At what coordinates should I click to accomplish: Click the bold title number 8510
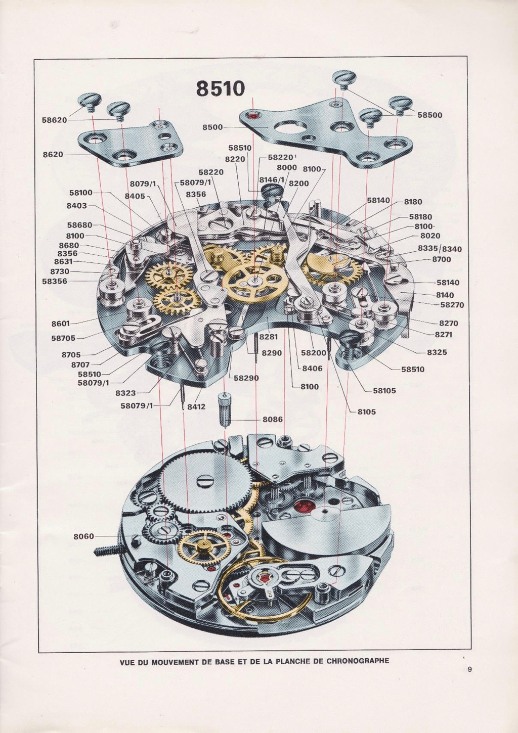click(221, 89)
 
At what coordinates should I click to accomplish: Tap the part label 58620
click(54, 120)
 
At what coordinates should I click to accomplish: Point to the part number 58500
click(430, 115)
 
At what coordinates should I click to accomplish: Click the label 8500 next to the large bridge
click(212, 127)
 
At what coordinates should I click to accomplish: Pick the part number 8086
click(273, 420)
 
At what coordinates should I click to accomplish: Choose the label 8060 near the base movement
click(84, 536)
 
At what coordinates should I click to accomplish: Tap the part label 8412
click(196, 406)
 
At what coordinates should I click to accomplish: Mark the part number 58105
click(384, 390)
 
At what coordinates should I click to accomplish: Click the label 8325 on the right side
click(436, 352)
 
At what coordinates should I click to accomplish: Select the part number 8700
click(441, 259)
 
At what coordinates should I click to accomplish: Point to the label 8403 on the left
click(76, 206)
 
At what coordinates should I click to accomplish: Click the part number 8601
click(61, 324)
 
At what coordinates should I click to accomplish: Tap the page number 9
click(470, 670)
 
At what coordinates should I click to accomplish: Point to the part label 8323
click(125, 393)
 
